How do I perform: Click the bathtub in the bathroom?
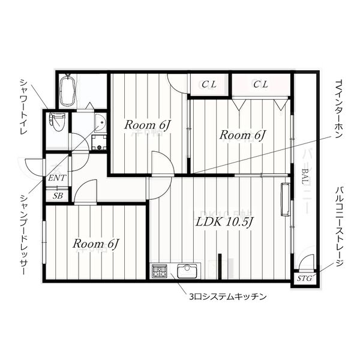[68, 91]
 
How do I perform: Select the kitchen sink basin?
[187, 271]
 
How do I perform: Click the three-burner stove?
[160, 271]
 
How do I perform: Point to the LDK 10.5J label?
[224, 222]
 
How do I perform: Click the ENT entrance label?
[57, 178]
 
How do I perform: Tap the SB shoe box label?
[58, 196]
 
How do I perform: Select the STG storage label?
[304, 278]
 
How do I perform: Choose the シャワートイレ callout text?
[23, 107]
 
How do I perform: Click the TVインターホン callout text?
[339, 109]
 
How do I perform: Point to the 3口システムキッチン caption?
[228, 297]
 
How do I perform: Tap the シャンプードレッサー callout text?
[23, 235]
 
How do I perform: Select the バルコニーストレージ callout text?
[339, 226]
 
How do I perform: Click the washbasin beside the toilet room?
[100, 122]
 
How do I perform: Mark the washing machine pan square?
[99, 142]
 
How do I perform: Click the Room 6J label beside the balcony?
[242, 135]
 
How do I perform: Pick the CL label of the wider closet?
[260, 85]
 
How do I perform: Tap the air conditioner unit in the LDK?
[286, 199]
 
